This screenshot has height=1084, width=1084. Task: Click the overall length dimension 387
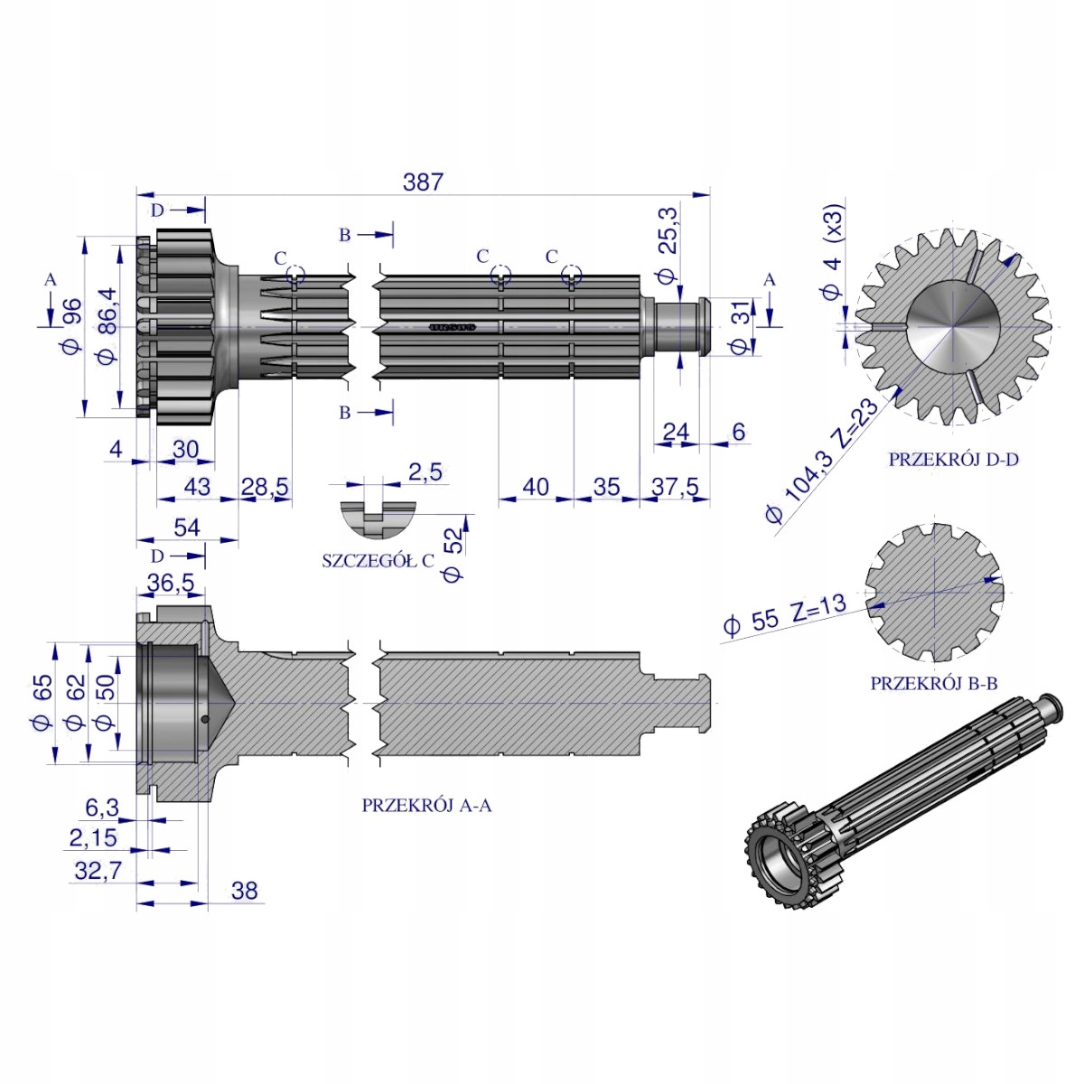pyautogui.click(x=423, y=182)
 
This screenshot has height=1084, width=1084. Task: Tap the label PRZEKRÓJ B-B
pyautogui.click(x=934, y=684)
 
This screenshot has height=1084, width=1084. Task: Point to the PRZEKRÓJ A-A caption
pyautogui.click(x=426, y=806)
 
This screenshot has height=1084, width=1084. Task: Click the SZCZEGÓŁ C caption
pyautogui.click(x=378, y=560)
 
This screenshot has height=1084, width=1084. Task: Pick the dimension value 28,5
pyautogui.click(x=265, y=487)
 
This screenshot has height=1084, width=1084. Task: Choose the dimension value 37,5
pyautogui.click(x=675, y=487)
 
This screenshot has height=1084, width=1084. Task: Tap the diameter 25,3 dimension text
pyautogui.click(x=668, y=246)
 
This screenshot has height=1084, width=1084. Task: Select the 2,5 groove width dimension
pyautogui.click(x=425, y=472)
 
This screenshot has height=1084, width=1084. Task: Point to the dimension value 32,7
pyautogui.click(x=98, y=871)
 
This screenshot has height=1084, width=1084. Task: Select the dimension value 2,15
pyautogui.click(x=93, y=837)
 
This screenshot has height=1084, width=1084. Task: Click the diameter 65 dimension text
pyautogui.click(x=42, y=703)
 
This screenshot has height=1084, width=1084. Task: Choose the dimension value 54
pyautogui.click(x=187, y=528)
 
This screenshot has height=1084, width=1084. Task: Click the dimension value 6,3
pyautogui.click(x=102, y=808)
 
